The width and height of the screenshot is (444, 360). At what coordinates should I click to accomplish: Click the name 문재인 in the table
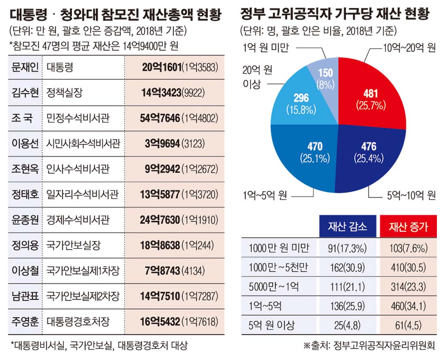(23, 67)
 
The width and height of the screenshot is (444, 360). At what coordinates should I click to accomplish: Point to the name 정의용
(23, 245)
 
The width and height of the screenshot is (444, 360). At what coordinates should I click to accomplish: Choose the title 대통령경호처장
(78, 320)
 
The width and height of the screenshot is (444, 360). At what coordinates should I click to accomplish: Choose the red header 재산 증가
(408, 226)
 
